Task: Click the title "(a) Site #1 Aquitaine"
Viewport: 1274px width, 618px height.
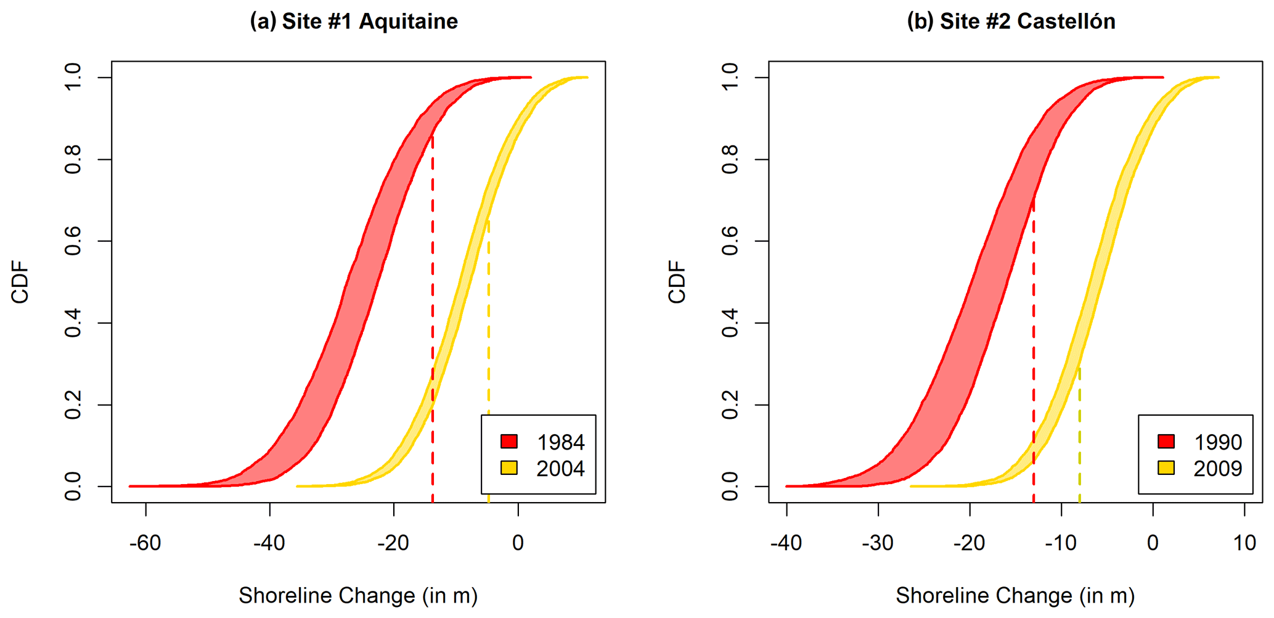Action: coord(354,22)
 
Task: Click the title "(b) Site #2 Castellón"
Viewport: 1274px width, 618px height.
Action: coord(1011,22)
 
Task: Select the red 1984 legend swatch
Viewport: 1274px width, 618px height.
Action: coord(509,442)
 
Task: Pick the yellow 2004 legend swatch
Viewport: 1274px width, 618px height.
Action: coord(509,468)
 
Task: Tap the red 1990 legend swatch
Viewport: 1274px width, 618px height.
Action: coord(1166,442)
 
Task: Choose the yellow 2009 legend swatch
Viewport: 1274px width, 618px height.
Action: coord(1166,468)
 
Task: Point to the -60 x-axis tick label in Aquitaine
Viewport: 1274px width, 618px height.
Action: coord(145,543)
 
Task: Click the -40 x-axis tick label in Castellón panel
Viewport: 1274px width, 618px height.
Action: coord(786,543)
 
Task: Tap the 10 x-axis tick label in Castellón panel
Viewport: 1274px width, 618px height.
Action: coord(1244,543)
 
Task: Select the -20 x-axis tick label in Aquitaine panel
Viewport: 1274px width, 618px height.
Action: coord(393,543)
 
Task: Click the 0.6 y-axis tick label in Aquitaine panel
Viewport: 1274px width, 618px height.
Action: coord(73,241)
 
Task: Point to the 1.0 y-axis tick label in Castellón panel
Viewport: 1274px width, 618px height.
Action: coord(730,77)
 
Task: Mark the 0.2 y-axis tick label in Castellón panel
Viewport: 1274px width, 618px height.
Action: coord(730,405)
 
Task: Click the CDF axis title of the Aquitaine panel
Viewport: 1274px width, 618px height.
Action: coord(21,282)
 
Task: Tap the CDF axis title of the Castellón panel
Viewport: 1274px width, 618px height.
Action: coord(677,282)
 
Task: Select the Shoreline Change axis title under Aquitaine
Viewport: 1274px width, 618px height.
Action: coord(358,596)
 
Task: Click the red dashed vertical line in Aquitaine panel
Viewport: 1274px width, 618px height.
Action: coord(433,308)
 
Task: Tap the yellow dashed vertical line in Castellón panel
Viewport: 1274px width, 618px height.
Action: coord(1079,432)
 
